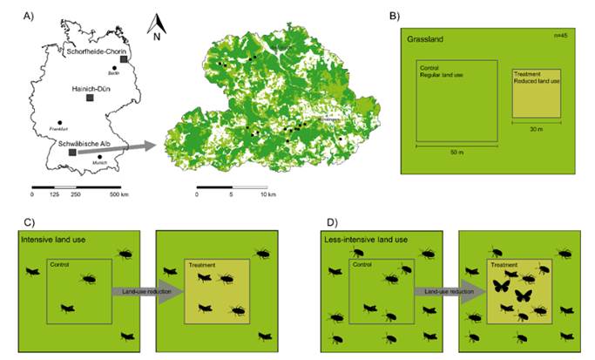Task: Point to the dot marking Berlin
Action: [x=114, y=69]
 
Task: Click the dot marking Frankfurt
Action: [x=59, y=123]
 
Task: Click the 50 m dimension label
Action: [x=456, y=151]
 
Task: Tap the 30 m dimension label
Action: [x=536, y=129]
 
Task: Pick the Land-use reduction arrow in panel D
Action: [x=450, y=291]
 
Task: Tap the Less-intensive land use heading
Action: [x=363, y=238]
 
